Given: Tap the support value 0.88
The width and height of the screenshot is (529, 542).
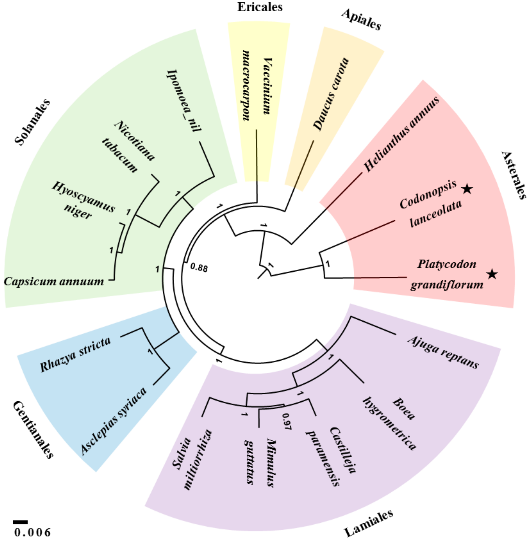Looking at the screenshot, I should [x=199, y=268].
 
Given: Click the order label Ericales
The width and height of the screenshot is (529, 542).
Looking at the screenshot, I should [x=260, y=7].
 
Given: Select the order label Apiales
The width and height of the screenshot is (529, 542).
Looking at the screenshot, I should [x=361, y=19].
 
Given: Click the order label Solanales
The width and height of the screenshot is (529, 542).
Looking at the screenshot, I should [x=33, y=122].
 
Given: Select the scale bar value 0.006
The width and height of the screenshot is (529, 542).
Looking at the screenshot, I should [x=33, y=532].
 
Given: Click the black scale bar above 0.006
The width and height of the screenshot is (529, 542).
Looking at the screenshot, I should [x=20, y=522].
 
